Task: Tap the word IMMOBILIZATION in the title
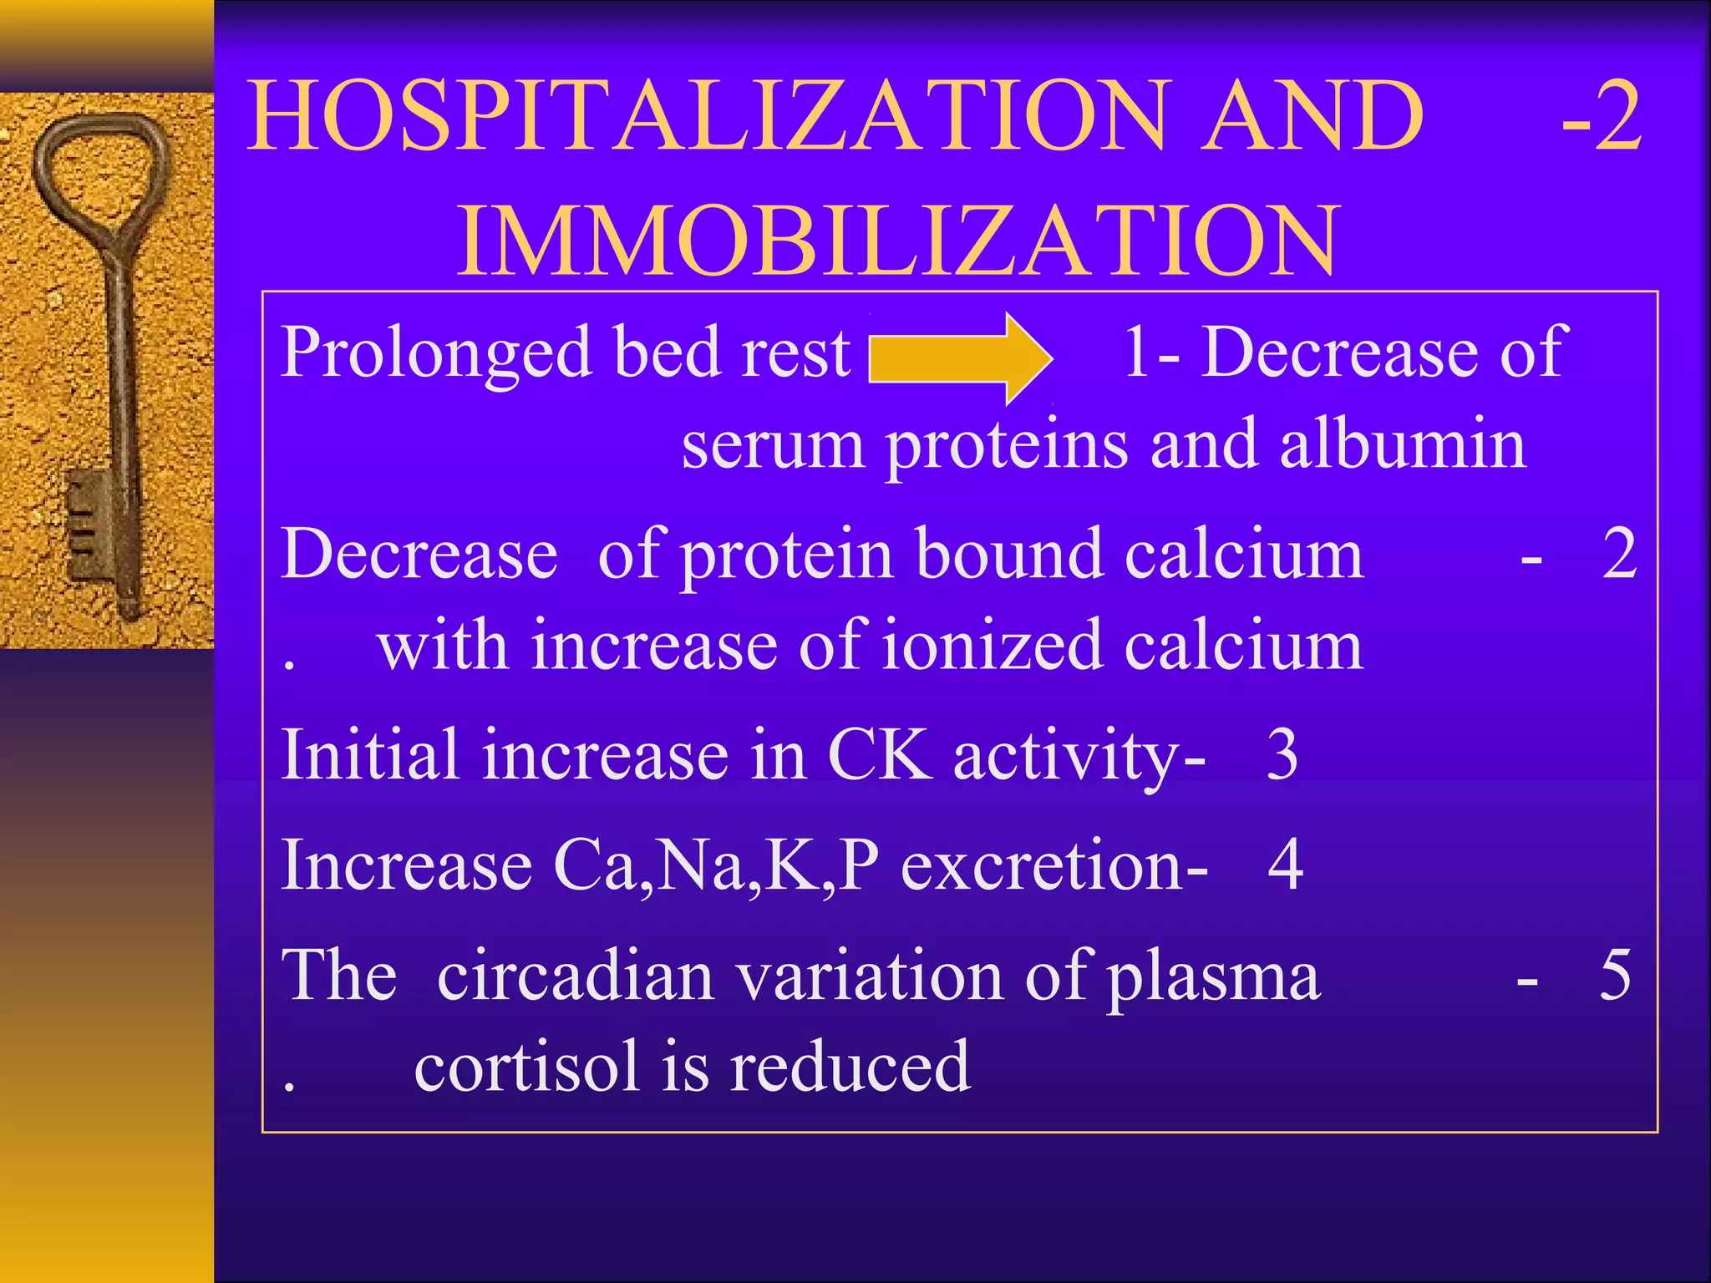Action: [x=899, y=241]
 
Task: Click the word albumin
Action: [x=1404, y=444]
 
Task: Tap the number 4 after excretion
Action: [x=1285, y=865]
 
